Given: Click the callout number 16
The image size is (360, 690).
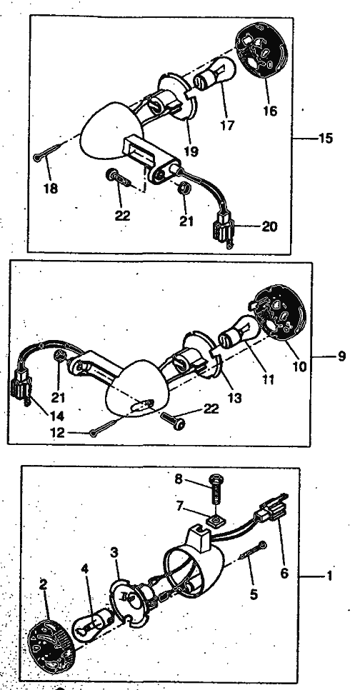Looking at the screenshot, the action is tap(270, 111).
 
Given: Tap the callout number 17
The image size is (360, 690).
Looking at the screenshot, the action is tap(227, 126).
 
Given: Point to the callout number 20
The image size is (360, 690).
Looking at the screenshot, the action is tap(269, 226).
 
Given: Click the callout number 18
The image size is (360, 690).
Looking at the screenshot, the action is tap(51, 189).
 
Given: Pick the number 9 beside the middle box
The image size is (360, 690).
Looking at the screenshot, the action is tap(341, 356).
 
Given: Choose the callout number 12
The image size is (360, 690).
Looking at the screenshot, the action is tap(57, 433).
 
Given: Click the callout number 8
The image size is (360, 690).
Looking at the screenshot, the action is tap(179, 479).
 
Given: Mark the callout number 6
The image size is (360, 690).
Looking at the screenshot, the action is tap(284, 573).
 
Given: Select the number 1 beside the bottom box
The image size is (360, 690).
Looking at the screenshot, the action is tap(329, 576).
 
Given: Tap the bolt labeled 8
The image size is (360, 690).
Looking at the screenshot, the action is tap(216, 489).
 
